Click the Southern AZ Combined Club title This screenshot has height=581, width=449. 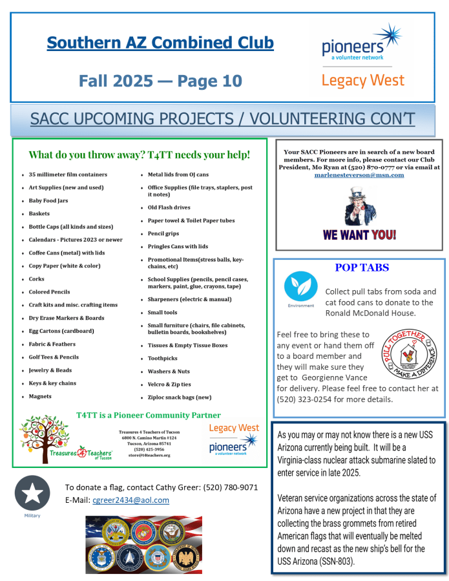(x=160, y=43)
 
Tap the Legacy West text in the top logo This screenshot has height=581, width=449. (x=362, y=81)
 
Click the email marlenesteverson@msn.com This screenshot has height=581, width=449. (x=359, y=175)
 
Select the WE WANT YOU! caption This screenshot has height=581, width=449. (x=359, y=235)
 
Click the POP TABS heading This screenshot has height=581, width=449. (x=362, y=268)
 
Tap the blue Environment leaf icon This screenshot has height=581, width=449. (x=300, y=287)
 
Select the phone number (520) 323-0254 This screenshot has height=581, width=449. (x=302, y=399)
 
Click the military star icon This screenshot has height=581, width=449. (x=32, y=493)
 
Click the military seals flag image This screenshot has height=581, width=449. (x=143, y=544)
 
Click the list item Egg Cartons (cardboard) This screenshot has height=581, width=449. (x=61, y=331)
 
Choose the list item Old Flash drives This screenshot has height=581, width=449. (x=169, y=207)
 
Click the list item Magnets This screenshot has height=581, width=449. (x=40, y=396)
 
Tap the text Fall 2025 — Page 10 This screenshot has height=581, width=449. (x=160, y=81)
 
